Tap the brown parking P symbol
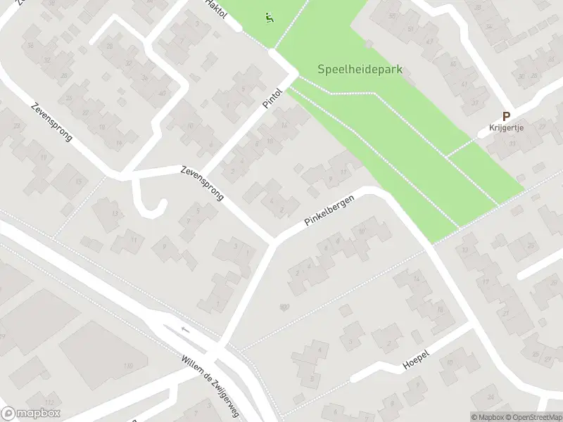click(x=505, y=117)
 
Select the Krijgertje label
click(x=507, y=128)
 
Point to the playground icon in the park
click(x=269, y=18)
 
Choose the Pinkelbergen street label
click(x=329, y=210)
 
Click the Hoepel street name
click(x=416, y=360)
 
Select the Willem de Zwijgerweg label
click(x=210, y=385)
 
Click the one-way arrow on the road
click(x=185, y=329)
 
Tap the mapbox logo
click(x=30, y=414)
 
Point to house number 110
click(x=127, y=366)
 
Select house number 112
click(x=49, y=402)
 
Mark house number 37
click(x=474, y=103)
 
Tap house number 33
click(x=512, y=144)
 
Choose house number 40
click(x=162, y=94)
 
